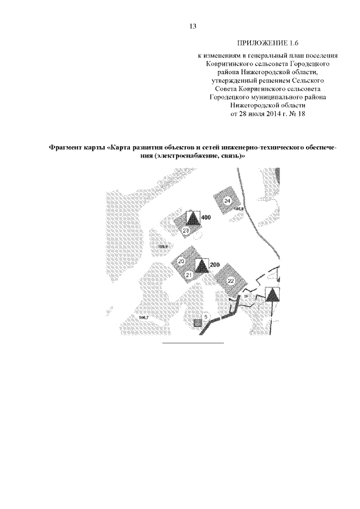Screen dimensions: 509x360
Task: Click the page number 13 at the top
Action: [193, 26]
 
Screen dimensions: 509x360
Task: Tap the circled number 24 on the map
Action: [227, 201]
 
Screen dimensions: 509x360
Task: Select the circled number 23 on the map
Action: [186, 231]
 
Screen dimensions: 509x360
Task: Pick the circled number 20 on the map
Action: [181, 262]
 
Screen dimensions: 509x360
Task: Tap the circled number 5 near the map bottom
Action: [206, 317]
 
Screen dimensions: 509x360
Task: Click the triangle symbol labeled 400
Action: [192, 218]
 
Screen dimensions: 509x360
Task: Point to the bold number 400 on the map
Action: [205, 218]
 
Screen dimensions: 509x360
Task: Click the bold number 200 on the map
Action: [214, 265]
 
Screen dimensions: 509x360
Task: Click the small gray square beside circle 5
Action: [197, 323]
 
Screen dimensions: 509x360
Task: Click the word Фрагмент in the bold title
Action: [64, 148]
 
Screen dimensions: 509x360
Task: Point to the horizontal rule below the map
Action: [193, 342]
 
